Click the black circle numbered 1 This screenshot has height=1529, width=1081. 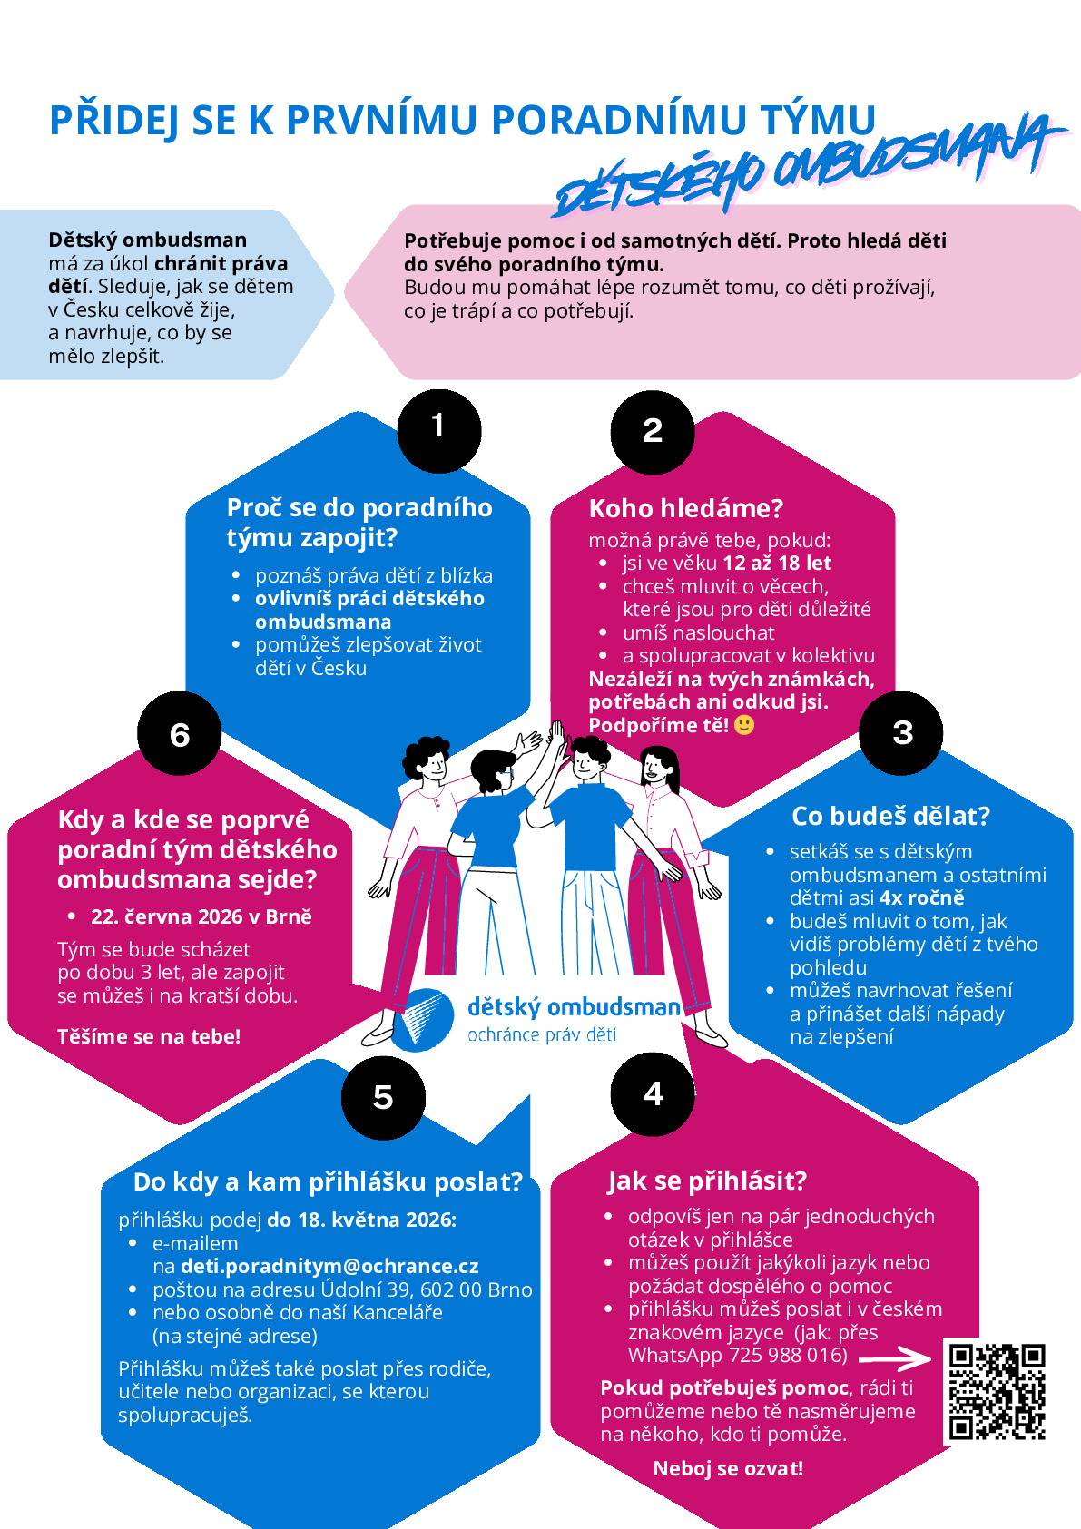click(x=439, y=431)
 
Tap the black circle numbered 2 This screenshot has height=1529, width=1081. click(x=653, y=432)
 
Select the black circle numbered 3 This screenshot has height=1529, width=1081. click(x=900, y=732)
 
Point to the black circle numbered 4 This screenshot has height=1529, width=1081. click(x=653, y=1094)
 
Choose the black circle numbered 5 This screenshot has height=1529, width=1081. click(x=383, y=1098)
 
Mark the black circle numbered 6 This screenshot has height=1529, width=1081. click(x=179, y=734)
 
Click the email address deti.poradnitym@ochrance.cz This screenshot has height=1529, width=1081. click(x=329, y=1266)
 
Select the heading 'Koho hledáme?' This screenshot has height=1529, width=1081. click(x=685, y=508)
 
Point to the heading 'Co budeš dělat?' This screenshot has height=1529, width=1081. click(x=890, y=816)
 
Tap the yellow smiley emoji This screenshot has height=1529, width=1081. click(x=744, y=724)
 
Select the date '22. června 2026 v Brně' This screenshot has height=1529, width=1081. click(x=201, y=916)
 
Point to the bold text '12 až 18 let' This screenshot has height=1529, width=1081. click(x=777, y=564)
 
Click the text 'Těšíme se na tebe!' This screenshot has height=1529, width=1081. click(x=149, y=1037)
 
